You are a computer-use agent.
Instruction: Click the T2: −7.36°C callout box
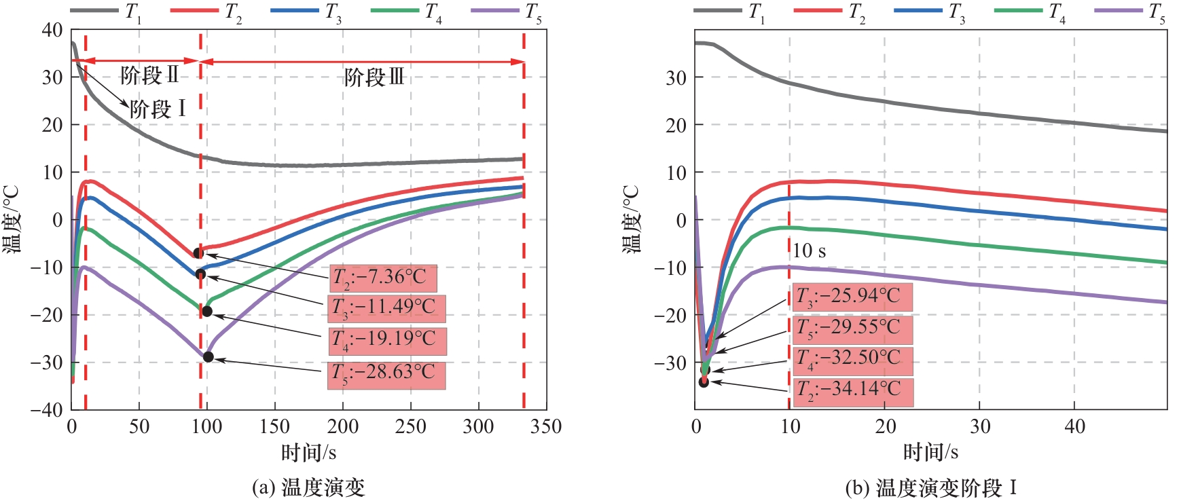[x=382, y=278]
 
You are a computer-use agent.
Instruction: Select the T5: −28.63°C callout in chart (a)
[x=386, y=375]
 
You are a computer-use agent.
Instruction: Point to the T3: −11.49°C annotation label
[x=386, y=308]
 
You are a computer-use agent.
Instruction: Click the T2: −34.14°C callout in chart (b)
[x=852, y=392]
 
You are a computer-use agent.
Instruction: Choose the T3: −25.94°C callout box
[x=851, y=297]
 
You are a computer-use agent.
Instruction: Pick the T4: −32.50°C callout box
[x=852, y=360]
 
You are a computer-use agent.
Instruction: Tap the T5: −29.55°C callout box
[x=851, y=329]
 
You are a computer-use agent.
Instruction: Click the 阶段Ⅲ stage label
[x=374, y=77]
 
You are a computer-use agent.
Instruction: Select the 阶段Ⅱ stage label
[x=149, y=75]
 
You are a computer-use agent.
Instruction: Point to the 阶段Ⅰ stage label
[x=158, y=109]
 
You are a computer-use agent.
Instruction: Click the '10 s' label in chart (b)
[x=809, y=251]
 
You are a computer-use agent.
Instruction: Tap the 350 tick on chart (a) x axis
[x=545, y=427]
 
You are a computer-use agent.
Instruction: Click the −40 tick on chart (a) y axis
[x=46, y=409]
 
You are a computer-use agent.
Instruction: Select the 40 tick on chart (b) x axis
[x=1074, y=427]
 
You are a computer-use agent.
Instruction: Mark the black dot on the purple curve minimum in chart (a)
[x=208, y=357]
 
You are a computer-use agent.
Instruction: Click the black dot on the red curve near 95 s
[x=198, y=253]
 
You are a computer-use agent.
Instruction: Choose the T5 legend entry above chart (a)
[x=507, y=12]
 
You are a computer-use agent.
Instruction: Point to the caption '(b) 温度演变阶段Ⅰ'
[x=930, y=487]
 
